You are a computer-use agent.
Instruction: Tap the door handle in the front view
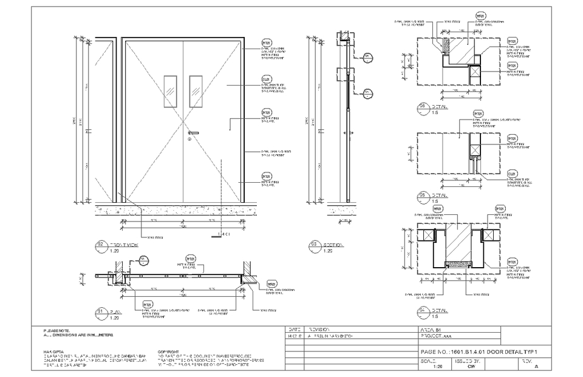(x=194, y=133)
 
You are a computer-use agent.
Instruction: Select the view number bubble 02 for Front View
(x=100, y=245)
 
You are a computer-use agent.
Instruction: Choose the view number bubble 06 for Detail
(x=422, y=109)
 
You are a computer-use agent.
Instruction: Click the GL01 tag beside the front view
(x=266, y=79)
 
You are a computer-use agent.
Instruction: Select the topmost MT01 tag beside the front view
(x=266, y=42)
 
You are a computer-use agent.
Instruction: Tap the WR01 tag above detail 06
(x=479, y=15)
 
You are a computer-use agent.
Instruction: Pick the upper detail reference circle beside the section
(x=367, y=57)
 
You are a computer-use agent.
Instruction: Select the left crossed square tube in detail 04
(x=426, y=236)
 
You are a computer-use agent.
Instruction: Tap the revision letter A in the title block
(x=536, y=367)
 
